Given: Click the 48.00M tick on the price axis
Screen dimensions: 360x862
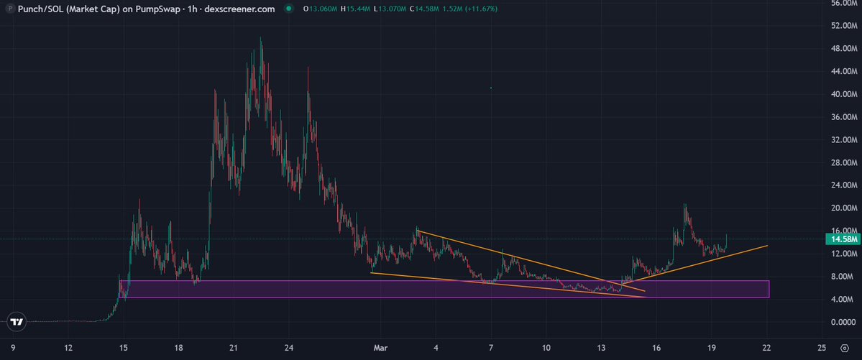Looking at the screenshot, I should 843,48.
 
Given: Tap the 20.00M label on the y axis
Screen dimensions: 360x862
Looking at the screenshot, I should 843,208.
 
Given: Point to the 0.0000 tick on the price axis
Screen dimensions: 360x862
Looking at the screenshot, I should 843,322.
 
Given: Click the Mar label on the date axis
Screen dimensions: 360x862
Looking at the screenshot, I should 381,349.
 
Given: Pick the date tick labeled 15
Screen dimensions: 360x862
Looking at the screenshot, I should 124,349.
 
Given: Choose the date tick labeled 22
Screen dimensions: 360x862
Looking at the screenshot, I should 766,349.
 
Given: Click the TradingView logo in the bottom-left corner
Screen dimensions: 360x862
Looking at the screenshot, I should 17,323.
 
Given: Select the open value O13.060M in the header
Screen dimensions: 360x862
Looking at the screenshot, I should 321,9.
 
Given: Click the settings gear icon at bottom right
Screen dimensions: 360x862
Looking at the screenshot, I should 844,349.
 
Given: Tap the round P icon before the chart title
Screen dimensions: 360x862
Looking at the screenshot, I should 8,9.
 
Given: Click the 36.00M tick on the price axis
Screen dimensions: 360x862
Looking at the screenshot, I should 843,116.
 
